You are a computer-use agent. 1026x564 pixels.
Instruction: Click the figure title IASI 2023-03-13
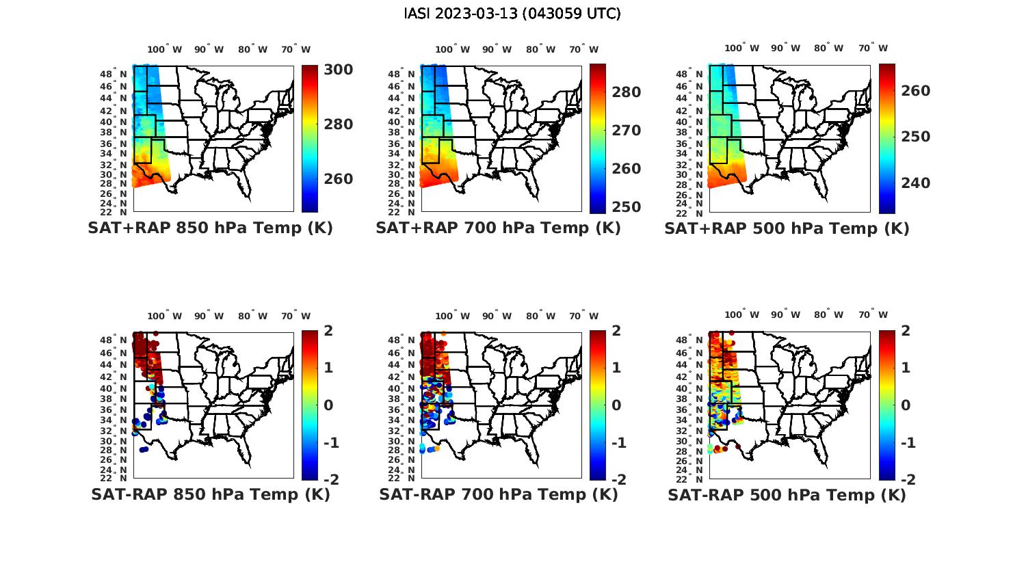512,14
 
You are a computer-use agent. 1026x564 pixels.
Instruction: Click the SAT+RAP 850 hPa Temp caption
210,228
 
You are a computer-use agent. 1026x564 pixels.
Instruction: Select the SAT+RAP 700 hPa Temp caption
498,228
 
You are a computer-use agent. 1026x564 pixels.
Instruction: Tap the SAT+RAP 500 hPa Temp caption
787,229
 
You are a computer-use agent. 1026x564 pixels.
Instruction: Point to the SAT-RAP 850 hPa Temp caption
210,495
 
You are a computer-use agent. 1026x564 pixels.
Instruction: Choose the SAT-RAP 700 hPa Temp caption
498,495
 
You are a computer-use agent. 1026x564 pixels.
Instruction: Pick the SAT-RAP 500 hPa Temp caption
787,496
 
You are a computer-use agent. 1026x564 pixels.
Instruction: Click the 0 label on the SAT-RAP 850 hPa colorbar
328,405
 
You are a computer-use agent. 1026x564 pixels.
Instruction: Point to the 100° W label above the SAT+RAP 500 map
741,49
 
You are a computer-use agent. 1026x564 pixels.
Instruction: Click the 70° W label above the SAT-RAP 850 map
295,316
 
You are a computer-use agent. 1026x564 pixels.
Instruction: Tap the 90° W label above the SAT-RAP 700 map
497,316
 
